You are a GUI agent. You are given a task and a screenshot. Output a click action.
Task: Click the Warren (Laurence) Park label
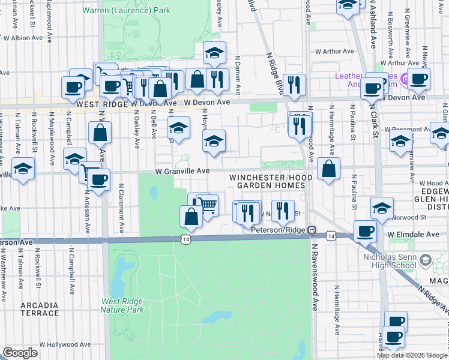pos(126,10)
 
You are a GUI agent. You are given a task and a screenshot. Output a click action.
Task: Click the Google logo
pos(20,353)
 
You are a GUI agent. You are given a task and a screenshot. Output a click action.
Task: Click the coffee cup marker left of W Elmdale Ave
pos(365,231)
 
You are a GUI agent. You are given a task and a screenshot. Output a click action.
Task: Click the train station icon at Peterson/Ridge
pos(312,230)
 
